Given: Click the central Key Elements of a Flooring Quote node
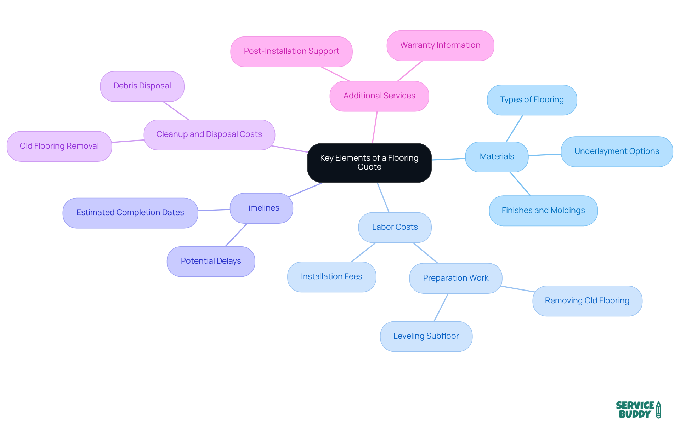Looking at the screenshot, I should click(x=369, y=162).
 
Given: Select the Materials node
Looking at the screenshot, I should click(x=497, y=157).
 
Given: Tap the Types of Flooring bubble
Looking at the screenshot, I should click(x=532, y=100).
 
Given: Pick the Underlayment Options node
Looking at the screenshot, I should click(x=617, y=151).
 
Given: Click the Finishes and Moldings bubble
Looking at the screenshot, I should click(x=543, y=211).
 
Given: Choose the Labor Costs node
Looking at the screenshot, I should click(x=395, y=227).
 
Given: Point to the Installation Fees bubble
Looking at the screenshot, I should click(x=331, y=277).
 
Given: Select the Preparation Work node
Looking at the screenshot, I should click(x=455, y=278).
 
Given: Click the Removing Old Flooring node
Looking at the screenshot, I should click(x=587, y=301).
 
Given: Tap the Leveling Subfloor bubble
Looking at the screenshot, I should click(x=426, y=336).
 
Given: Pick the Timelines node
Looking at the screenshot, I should click(x=261, y=208).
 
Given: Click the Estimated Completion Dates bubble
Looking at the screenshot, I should click(x=130, y=213).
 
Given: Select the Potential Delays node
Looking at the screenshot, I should click(x=211, y=261).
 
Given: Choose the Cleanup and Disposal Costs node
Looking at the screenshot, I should click(x=209, y=134).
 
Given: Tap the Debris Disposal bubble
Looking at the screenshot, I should click(x=142, y=86).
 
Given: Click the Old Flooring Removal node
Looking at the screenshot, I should click(x=59, y=146).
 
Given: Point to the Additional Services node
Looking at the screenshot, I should click(x=379, y=96).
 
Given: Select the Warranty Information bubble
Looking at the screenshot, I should click(x=440, y=45).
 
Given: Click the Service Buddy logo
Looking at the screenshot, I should click(x=638, y=409).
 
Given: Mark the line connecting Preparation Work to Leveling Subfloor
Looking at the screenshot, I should click(x=441, y=307).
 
